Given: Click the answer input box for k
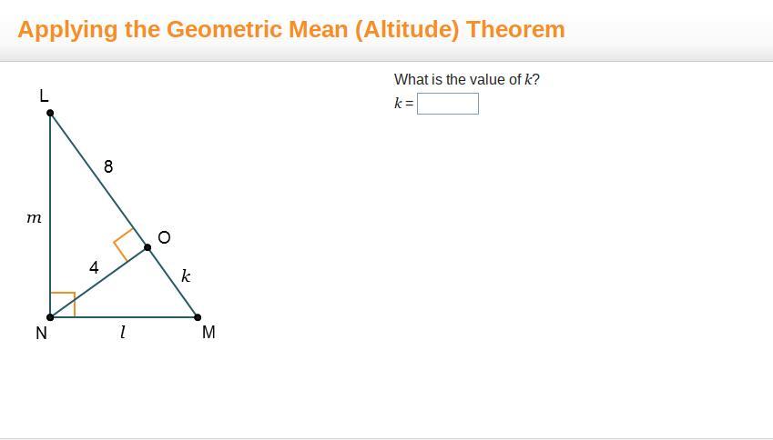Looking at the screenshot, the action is [448, 104].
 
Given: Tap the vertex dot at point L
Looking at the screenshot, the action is [50, 113].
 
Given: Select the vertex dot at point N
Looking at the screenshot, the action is [50, 317].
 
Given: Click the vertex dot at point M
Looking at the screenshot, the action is [198, 317].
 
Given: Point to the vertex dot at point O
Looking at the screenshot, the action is [147, 247].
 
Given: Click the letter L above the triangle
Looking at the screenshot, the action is [44, 95].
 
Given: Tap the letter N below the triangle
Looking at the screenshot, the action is [41, 334].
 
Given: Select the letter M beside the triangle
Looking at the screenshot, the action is [209, 332].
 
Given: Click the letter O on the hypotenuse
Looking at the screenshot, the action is [164, 237].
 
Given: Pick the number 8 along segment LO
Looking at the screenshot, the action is [108, 167].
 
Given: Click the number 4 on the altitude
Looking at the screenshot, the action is [94, 267].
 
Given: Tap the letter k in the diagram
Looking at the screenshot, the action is [186, 275].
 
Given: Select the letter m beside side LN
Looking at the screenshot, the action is [34, 217].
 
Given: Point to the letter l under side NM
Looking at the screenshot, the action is [123, 333].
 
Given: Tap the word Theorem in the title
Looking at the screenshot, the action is [515, 29].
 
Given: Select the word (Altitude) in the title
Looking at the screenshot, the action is [407, 29].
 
